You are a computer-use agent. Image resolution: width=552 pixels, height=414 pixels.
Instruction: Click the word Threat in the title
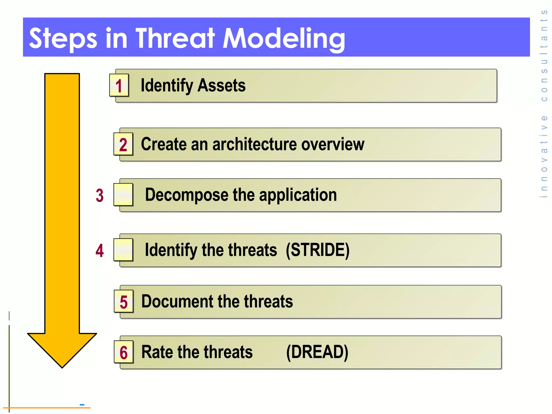[x=175, y=38]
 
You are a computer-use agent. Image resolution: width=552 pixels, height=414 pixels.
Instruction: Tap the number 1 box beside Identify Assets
[x=119, y=85]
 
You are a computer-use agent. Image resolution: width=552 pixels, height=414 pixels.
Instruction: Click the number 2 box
[x=123, y=144]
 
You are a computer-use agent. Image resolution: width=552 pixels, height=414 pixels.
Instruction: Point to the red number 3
[x=100, y=195]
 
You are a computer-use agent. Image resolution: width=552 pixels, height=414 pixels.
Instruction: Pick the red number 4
[x=100, y=251]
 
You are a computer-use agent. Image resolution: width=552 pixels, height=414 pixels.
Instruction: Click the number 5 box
[x=124, y=302]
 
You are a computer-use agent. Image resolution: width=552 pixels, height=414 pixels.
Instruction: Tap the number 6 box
[x=124, y=352]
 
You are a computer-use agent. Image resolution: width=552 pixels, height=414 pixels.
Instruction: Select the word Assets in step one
[x=221, y=85]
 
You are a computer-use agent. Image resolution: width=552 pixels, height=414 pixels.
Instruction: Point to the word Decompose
[x=187, y=195]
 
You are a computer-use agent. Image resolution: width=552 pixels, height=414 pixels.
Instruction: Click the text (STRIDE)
[x=318, y=250]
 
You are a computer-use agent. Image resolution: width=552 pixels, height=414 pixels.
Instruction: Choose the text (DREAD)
[x=317, y=352]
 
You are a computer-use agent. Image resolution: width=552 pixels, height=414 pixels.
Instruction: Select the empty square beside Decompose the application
[x=123, y=194]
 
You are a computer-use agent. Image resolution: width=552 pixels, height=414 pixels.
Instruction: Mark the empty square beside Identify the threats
[x=123, y=250]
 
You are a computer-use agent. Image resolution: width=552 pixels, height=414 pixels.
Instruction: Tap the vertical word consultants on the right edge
[x=544, y=55]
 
